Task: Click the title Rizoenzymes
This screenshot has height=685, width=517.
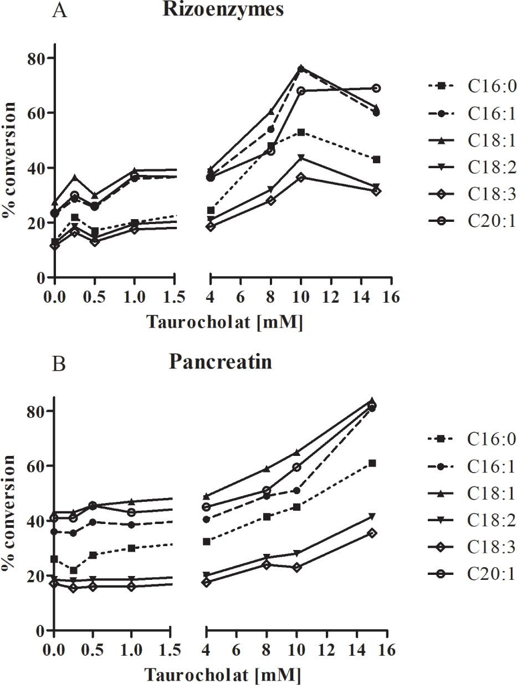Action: point(223,9)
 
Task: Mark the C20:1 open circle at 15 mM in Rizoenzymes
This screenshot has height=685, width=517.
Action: point(376,88)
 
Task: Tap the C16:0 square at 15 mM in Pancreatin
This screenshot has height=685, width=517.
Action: point(372,463)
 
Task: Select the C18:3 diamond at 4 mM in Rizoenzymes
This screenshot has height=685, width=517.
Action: point(211,226)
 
